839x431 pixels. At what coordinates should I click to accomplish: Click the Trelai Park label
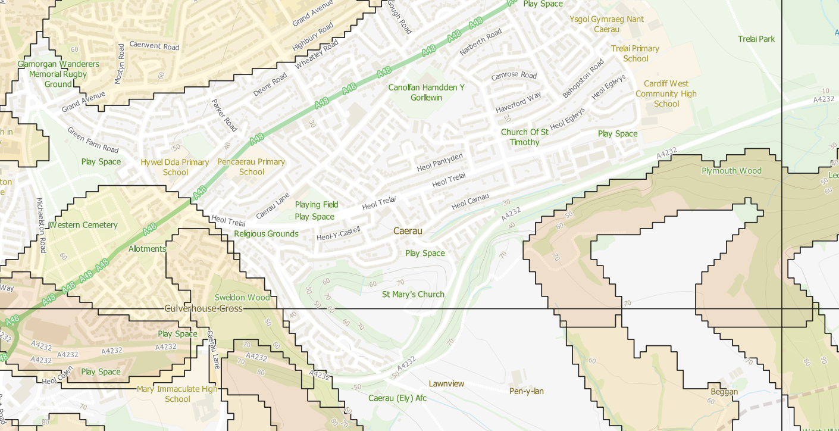tap(756, 39)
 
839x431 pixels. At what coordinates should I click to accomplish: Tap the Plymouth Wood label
tap(731, 171)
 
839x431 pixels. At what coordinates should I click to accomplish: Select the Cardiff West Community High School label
tap(666, 94)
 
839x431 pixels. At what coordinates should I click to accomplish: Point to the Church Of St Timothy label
tap(524, 137)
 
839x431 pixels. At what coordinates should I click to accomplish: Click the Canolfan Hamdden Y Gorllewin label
tap(426, 92)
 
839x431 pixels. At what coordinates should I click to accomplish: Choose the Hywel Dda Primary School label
tap(175, 167)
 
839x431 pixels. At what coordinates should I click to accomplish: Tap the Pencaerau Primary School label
tap(251, 167)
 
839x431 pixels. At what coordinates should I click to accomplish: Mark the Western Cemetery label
tap(83, 225)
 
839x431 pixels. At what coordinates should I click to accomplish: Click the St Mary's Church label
tap(413, 294)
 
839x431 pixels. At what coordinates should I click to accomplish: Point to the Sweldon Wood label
tap(242, 297)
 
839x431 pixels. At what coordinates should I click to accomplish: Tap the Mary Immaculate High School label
tap(177, 394)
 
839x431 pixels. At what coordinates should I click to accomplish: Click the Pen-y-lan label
tap(527, 391)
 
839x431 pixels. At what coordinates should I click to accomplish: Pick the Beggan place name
tap(724, 392)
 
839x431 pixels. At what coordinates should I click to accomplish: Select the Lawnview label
tap(446, 384)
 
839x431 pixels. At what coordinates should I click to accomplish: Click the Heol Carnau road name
tap(470, 202)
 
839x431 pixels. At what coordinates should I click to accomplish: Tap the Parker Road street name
tap(224, 115)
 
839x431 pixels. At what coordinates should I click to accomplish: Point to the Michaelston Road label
tap(41, 225)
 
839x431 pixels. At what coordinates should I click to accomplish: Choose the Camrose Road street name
tap(514, 76)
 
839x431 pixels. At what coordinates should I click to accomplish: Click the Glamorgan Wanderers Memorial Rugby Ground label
tap(58, 74)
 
